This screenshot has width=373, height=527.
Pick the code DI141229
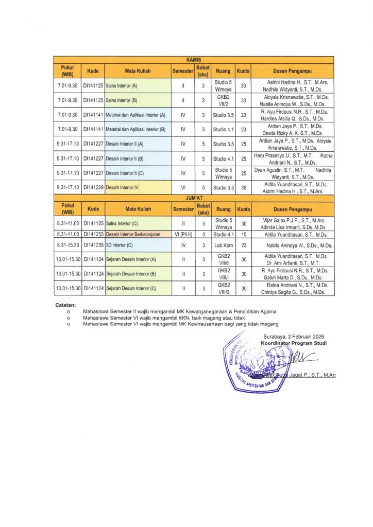coord(93,188)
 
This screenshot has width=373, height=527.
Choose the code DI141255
coord(93,234)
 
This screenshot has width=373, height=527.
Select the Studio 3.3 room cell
coord(224,188)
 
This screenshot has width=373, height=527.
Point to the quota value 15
coord(243,234)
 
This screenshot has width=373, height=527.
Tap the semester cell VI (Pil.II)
coord(183,234)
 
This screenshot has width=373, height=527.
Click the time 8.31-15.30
coord(67,245)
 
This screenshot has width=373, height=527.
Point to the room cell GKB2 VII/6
coord(224,259)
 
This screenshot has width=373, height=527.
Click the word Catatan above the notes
coord(65,305)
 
